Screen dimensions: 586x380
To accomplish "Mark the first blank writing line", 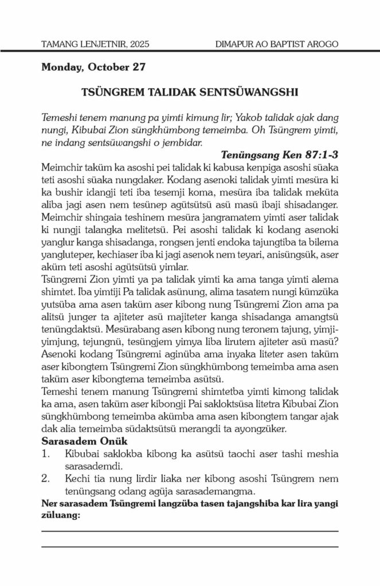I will (190, 531).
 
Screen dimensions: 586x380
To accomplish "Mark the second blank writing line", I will (190, 547).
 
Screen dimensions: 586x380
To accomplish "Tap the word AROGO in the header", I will (322, 44).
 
